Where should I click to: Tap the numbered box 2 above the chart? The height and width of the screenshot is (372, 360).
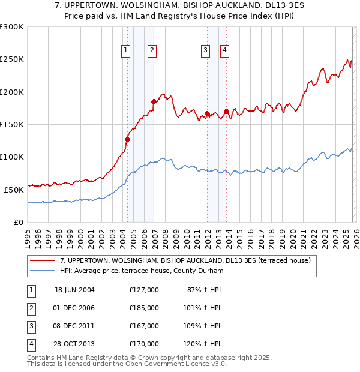pyautogui.click(x=152, y=51)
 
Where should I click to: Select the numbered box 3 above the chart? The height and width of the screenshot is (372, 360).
pyautogui.click(x=206, y=51)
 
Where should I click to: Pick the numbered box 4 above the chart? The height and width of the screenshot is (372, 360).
pyautogui.click(x=225, y=51)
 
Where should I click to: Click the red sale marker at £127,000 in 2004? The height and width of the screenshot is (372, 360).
pyautogui.click(x=127, y=139)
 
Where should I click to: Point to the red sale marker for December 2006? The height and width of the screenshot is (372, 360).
pyautogui.click(x=154, y=101)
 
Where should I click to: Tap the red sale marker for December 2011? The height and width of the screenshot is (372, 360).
pyautogui.click(x=207, y=113)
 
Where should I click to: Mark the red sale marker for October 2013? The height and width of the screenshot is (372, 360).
pyautogui.click(x=226, y=111)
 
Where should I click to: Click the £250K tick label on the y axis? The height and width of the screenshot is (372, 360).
pyautogui.click(x=12, y=59)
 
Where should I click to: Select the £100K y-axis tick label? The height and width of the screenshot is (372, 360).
pyautogui.click(x=12, y=157)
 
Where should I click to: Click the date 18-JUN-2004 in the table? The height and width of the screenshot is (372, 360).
pyautogui.click(x=74, y=290)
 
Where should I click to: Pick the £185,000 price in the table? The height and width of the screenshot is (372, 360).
pyautogui.click(x=144, y=308)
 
